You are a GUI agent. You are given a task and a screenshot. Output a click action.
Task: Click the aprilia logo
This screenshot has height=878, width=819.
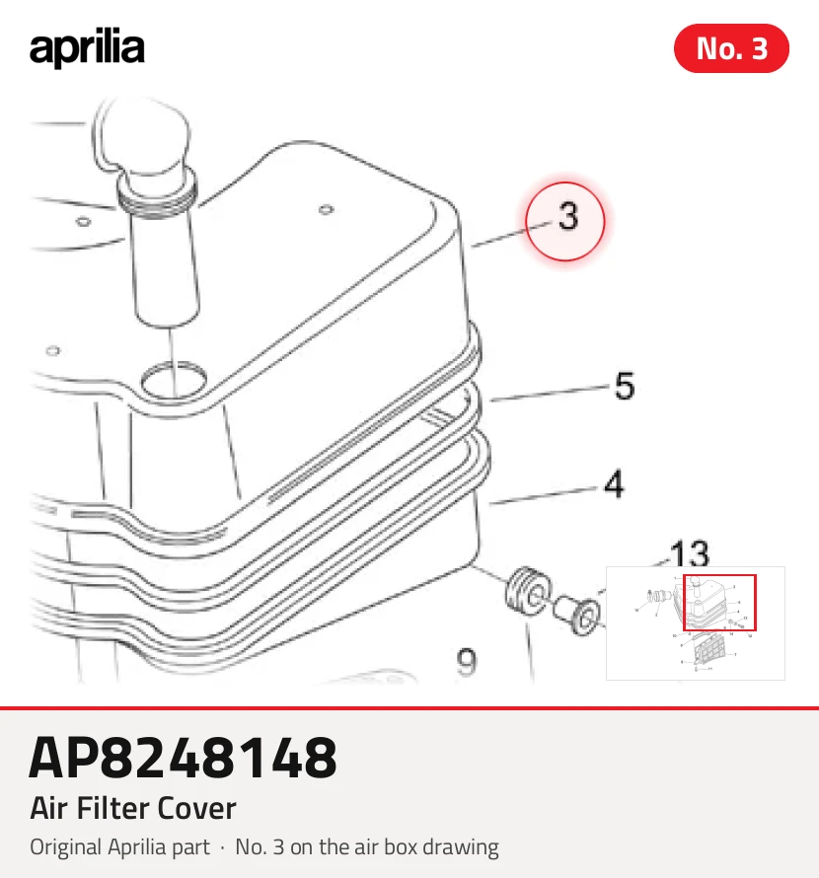(87, 47)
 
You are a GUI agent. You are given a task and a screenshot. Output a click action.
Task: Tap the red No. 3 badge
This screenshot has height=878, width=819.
(731, 48)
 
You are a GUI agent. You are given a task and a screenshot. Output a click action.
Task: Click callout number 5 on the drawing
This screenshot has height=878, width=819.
(625, 386)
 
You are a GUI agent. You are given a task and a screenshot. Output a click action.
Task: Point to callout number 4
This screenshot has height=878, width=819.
(615, 484)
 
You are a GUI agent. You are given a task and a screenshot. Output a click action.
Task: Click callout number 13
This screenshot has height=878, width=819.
(690, 553)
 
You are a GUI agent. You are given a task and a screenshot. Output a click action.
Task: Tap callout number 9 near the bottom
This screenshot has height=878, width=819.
(467, 662)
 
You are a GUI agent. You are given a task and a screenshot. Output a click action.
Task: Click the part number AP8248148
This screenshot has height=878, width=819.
(184, 758)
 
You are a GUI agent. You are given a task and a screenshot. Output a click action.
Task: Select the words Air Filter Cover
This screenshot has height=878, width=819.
(133, 809)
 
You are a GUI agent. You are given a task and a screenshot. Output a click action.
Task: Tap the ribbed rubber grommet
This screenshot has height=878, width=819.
(527, 592)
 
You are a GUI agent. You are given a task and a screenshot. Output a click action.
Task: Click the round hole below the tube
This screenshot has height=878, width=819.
(173, 380)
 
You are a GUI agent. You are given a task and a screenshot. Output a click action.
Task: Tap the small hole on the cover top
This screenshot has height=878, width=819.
(326, 210)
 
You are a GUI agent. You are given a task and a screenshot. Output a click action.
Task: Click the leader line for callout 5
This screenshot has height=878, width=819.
(550, 393)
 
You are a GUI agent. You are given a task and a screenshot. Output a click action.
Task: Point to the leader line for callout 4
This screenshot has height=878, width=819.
(543, 496)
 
